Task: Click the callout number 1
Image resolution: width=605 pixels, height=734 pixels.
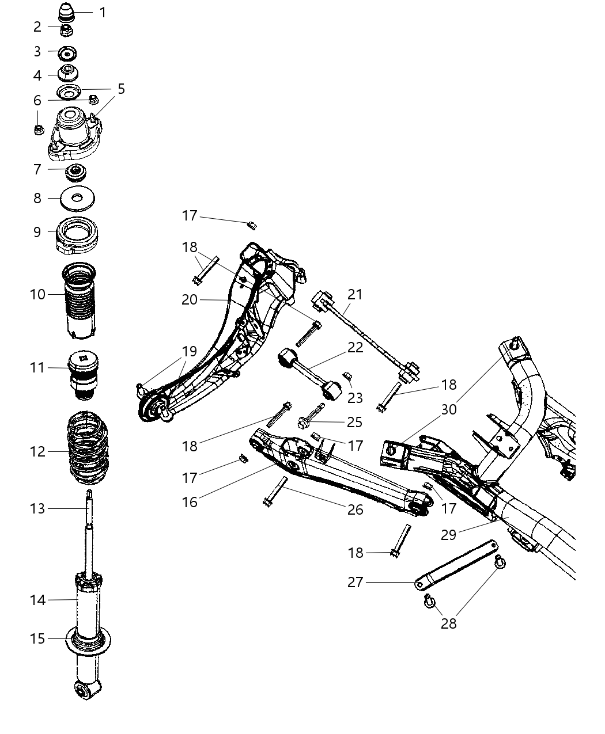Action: (103, 12)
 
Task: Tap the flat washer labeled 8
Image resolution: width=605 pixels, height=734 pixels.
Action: (78, 199)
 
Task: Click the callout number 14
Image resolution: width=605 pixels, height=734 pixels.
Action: (37, 600)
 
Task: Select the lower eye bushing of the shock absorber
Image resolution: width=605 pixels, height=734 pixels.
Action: (88, 689)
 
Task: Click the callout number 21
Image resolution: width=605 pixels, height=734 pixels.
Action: (355, 294)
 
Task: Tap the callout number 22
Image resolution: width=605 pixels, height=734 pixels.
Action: (355, 348)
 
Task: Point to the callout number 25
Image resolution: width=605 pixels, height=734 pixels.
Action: (355, 422)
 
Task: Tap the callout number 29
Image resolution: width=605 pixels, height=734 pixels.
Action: (448, 535)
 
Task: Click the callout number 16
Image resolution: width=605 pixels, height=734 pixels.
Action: (190, 502)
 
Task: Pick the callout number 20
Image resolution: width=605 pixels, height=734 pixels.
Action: (190, 299)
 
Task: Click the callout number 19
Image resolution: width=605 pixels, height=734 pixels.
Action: (190, 351)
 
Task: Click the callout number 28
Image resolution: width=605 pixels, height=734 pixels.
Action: (448, 623)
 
